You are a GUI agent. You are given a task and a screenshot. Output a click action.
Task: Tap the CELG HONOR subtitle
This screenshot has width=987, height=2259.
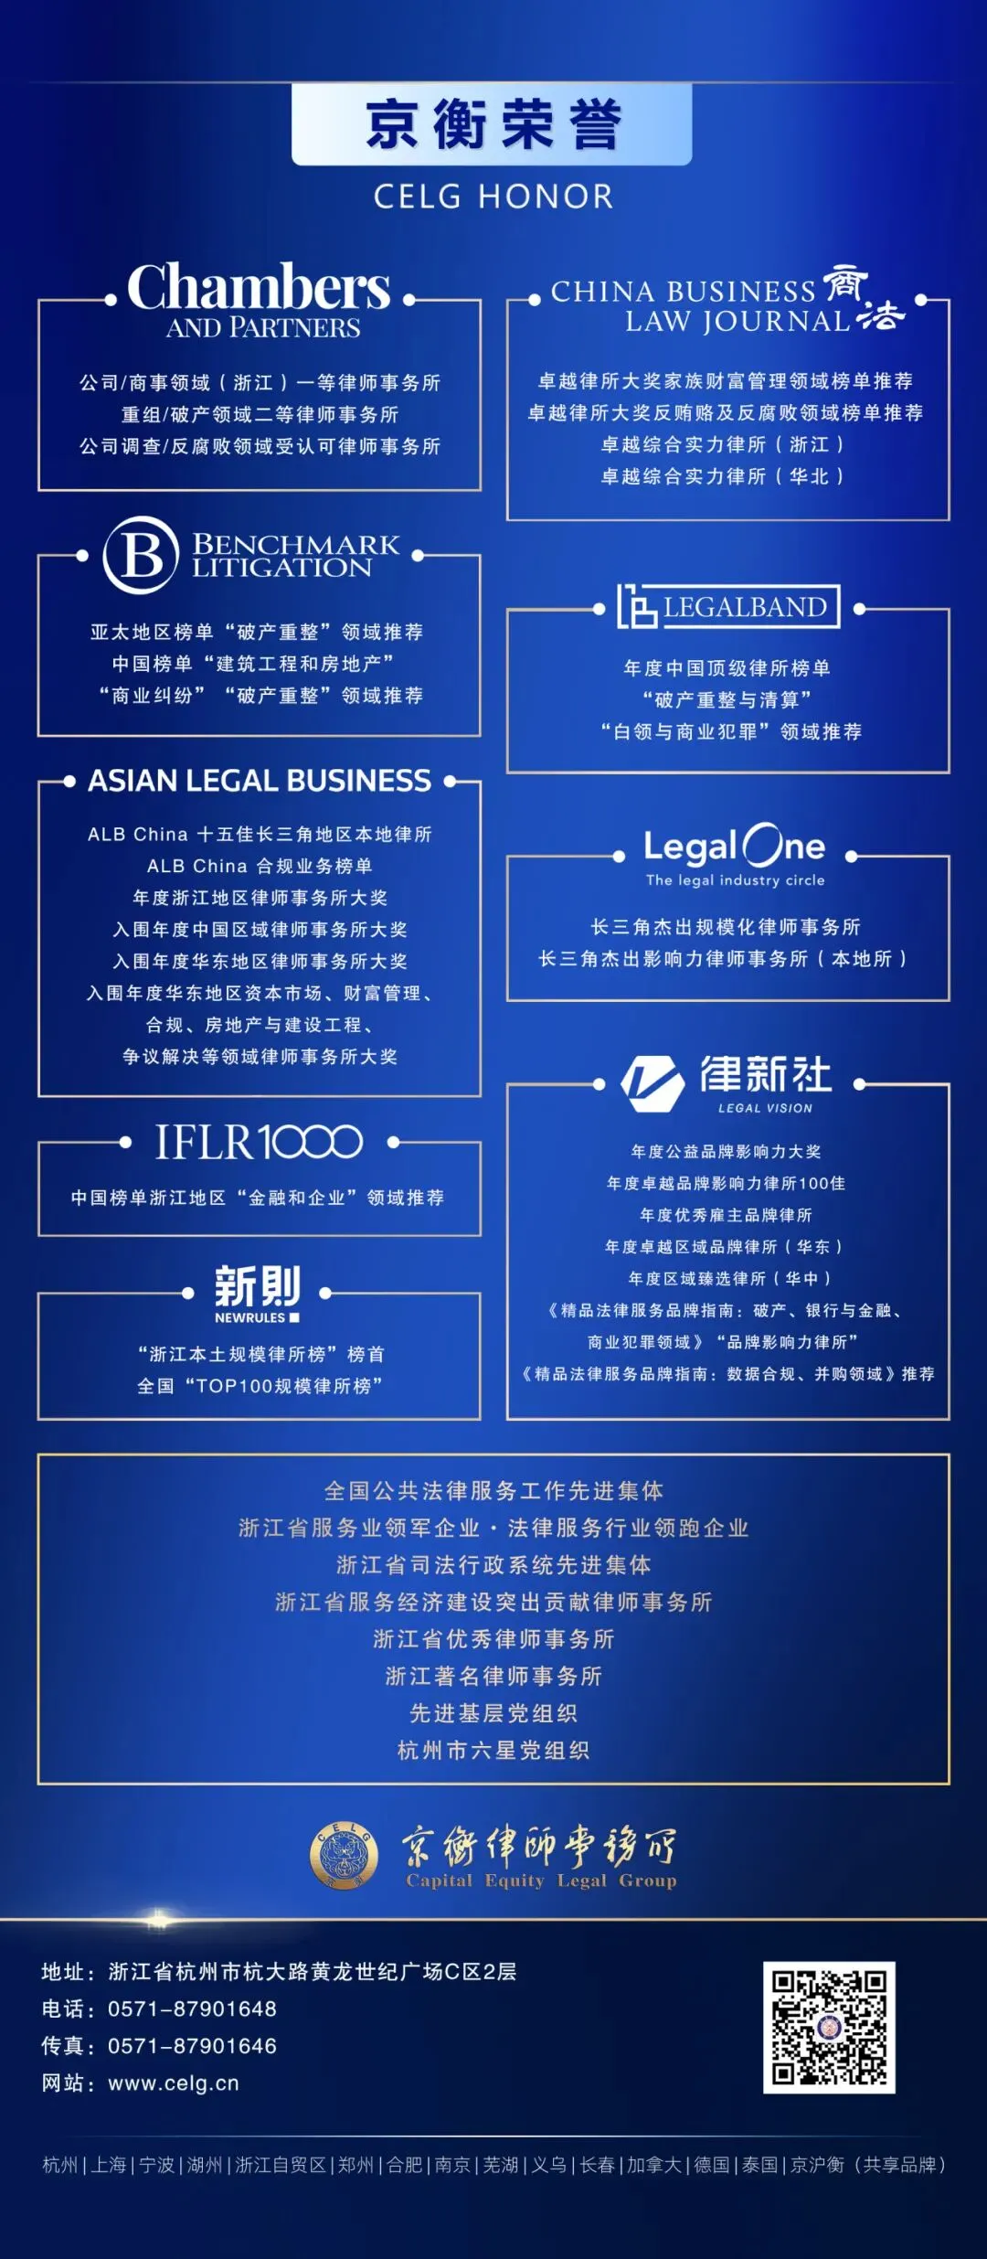(x=493, y=197)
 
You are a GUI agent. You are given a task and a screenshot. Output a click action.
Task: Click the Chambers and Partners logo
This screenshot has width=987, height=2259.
(x=260, y=300)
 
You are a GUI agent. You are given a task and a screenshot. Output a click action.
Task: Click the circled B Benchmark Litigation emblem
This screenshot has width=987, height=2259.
(x=141, y=555)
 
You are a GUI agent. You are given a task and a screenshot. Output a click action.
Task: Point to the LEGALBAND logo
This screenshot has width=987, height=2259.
(x=728, y=607)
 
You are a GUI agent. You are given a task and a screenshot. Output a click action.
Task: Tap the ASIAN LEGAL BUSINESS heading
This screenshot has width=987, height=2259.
(x=260, y=781)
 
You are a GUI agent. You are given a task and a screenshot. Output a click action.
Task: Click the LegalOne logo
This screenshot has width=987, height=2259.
(x=735, y=854)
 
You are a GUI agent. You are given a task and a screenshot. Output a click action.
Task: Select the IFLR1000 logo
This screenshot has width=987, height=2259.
(x=260, y=1142)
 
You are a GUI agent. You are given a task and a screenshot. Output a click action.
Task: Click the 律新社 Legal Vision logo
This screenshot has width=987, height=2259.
(x=727, y=1083)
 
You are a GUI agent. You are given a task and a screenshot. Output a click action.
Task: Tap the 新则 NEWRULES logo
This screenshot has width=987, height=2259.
(x=258, y=1293)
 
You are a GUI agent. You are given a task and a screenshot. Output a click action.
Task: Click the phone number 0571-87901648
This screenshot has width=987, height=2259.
(x=192, y=2009)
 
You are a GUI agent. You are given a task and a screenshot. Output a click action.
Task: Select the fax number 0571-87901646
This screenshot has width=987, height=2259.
(x=192, y=2046)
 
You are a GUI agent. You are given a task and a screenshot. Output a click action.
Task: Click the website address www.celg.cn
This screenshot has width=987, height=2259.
(x=174, y=2083)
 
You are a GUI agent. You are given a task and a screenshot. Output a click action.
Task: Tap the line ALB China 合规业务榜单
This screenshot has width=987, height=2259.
(x=260, y=866)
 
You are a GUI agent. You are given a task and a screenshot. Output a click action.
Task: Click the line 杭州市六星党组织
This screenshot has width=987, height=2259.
(x=493, y=1750)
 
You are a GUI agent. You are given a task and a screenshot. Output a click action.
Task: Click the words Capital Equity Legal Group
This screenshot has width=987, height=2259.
(x=541, y=1881)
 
